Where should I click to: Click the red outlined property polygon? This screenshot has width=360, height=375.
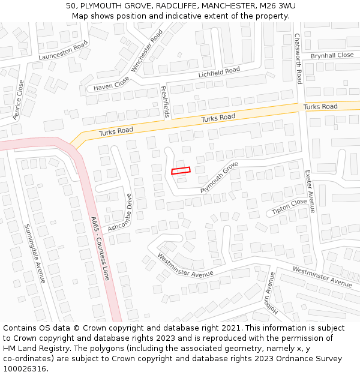pyautogui.click(x=181, y=171)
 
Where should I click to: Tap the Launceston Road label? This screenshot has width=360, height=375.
pyautogui.click(x=63, y=50)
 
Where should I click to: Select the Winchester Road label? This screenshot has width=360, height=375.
pyautogui.click(x=147, y=52)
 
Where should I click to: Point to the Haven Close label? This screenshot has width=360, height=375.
pyautogui.click(x=111, y=83)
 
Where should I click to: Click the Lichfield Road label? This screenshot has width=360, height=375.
pyautogui.click(x=219, y=73)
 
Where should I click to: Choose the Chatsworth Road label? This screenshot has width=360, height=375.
pyautogui.click(x=298, y=58)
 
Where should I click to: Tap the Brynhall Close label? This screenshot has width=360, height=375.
pyautogui.click(x=332, y=55)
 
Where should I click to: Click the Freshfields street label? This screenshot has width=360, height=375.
pyautogui.click(x=165, y=101)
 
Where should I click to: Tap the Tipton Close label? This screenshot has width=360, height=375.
pyautogui.click(x=289, y=206)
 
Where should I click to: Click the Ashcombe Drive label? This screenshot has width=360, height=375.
pyautogui.click(x=120, y=212)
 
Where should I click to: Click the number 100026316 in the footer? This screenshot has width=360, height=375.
pyautogui.click(x=26, y=368)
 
